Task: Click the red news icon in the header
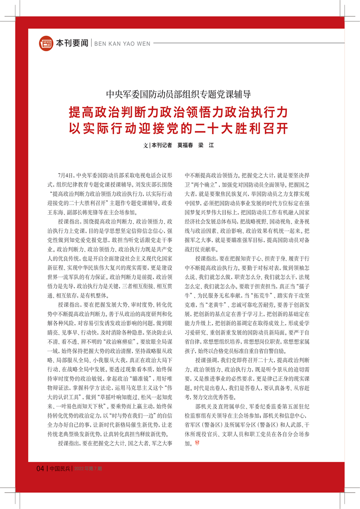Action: (46, 43)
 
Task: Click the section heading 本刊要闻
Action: (72, 44)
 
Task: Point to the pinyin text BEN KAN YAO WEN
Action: (120, 44)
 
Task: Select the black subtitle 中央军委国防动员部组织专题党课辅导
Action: (179, 94)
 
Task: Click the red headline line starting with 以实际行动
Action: (179, 128)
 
